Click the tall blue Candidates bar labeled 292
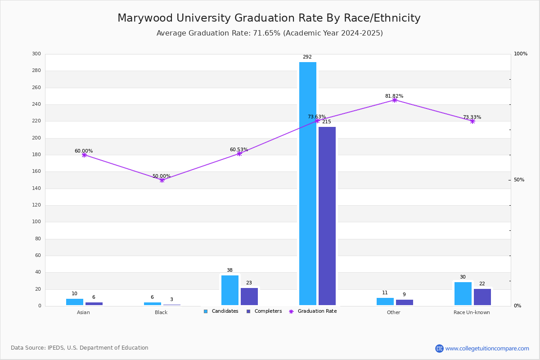click(308, 184)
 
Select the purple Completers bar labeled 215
click(327, 216)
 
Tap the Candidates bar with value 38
click(230, 290)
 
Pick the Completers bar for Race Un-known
click(482, 297)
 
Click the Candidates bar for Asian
click(75, 302)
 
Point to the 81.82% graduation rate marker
click(394, 100)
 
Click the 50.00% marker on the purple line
click(162, 180)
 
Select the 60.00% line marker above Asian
click(84, 155)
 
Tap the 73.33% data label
click(472, 117)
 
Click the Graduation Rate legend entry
click(313, 311)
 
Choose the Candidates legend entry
click(221, 311)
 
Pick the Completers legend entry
click(264, 311)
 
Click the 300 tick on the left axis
click(36, 54)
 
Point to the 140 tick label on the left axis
click(36, 188)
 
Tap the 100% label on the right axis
click(521, 54)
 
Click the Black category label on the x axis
click(161, 312)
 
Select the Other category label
click(394, 312)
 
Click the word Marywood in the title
click(145, 18)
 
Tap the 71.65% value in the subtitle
click(266, 33)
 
